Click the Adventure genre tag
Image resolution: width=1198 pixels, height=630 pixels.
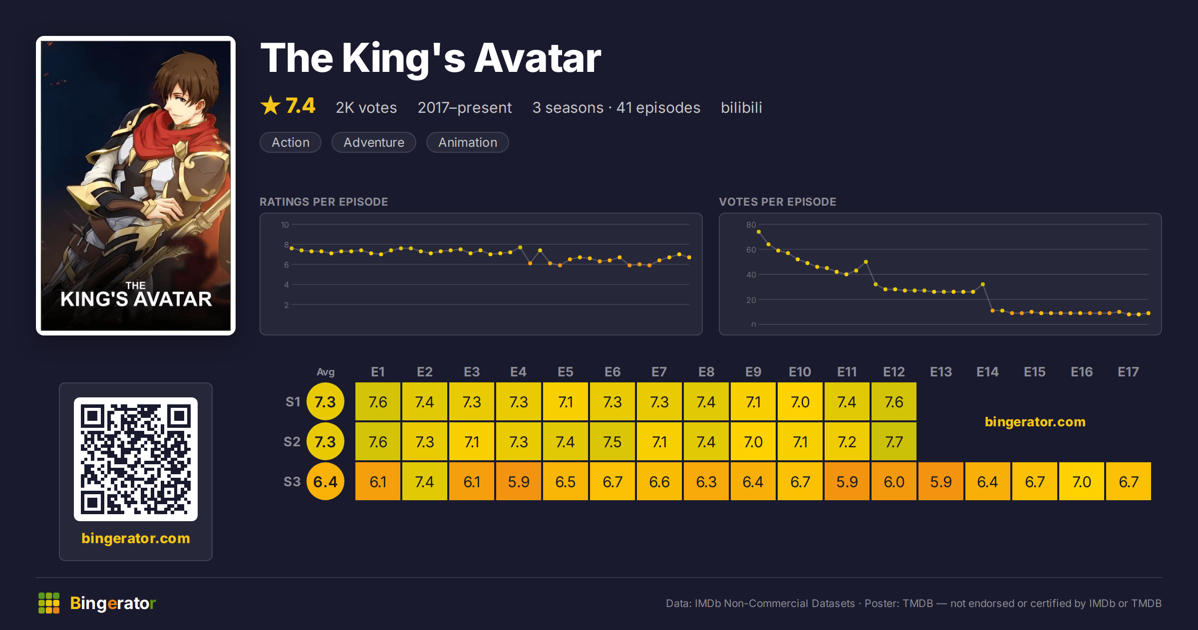point(373,142)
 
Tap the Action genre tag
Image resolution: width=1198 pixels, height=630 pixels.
point(291,142)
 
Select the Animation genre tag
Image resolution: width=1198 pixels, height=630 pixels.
point(468,142)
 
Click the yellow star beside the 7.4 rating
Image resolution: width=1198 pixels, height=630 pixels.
point(271,105)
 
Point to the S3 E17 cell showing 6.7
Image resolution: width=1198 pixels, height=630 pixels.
point(1128,481)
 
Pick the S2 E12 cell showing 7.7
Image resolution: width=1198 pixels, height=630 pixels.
point(894,441)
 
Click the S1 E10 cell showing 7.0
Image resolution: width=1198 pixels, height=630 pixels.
point(800,401)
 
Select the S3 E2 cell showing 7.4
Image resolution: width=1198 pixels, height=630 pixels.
point(425,481)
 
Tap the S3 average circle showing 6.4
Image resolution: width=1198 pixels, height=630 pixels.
point(325,481)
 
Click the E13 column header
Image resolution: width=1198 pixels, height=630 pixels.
point(941,372)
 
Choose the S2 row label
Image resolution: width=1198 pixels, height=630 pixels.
point(292,442)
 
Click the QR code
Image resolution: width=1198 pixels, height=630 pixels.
point(136,459)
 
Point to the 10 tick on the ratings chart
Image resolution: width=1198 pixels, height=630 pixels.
point(285,225)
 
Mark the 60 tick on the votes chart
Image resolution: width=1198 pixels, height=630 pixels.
point(751,250)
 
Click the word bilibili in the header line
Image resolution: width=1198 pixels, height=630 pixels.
point(741,107)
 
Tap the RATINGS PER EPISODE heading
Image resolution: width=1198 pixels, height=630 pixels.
point(324,202)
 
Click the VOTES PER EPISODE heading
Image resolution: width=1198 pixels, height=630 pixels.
point(778,202)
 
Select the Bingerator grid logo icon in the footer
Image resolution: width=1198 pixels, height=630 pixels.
point(49,603)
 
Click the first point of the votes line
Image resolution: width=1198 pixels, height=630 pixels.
point(759,232)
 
